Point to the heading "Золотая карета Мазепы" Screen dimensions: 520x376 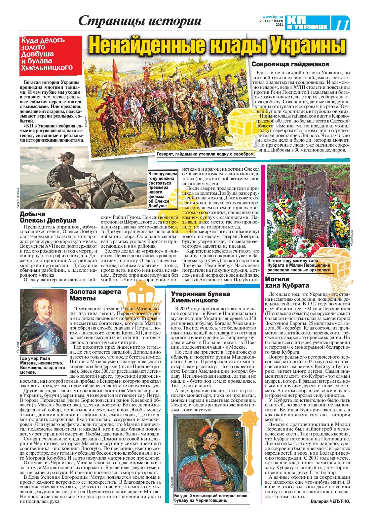[95, 295]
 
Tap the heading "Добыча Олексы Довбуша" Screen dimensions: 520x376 [48, 217]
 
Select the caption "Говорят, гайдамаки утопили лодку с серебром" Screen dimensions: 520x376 [207, 154]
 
